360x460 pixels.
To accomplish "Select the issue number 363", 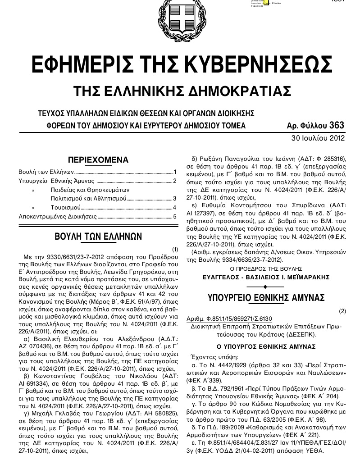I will (x=337, y=125).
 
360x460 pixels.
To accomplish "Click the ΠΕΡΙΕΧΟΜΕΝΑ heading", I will (x=98, y=160).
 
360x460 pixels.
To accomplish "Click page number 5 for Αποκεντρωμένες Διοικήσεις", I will (x=175, y=216).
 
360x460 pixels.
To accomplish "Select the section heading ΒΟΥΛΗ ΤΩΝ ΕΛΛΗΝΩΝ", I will (x=98, y=237).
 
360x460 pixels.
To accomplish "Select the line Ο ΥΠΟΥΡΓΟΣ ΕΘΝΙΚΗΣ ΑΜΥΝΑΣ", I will (x=266, y=346).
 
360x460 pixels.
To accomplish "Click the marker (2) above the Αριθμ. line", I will (x=342, y=311).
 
